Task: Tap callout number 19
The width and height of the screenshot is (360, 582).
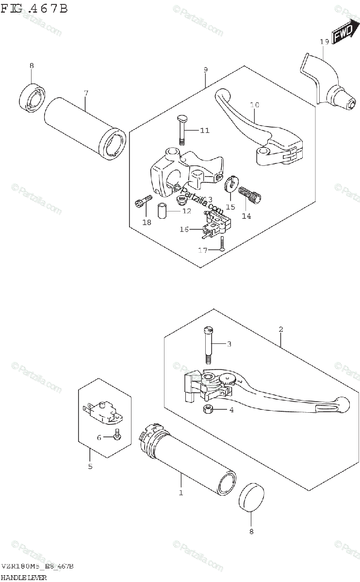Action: point(325,42)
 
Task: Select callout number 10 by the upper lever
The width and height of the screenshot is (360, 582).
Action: point(255,105)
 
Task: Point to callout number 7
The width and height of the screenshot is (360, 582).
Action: point(86,93)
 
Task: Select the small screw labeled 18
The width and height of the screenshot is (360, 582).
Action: point(140,203)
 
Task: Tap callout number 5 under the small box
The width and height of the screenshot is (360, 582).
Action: point(90,467)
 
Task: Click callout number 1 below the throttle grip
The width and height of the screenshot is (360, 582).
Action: point(180,493)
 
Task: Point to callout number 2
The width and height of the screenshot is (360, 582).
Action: point(281,330)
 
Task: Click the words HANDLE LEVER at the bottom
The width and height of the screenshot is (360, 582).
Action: point(24,577)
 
